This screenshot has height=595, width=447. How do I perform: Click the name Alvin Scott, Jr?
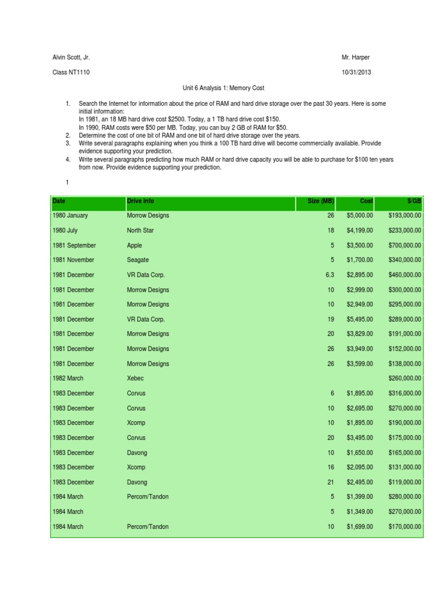(x=71, y=58)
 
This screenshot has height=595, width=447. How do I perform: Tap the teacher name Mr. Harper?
(x=356, y=58)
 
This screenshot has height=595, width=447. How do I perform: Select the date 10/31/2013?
(x=356, y=73)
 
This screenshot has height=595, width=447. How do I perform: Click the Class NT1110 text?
(x=71, y=73)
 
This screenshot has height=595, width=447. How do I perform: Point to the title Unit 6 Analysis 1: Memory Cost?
(x=223, y=88)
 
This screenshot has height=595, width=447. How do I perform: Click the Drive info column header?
(x=140, y=201)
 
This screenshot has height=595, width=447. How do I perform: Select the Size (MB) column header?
(x=321, y=201)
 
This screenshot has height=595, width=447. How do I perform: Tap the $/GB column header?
(x=414, y=201)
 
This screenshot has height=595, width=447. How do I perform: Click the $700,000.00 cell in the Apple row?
(x=405, y=245)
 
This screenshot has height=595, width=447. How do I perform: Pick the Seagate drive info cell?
(x=138, y=260)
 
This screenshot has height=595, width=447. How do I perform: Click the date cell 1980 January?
(x=70, y=216)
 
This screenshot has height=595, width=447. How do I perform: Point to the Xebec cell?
(x=135, y=378)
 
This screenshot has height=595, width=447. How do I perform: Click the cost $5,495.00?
(x=360, y=319)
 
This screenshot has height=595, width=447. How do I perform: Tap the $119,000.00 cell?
(x=405, y=482)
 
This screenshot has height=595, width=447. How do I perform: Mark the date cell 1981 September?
(x=74, y=245)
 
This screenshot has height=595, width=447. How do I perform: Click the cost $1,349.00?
(x=360, y=512)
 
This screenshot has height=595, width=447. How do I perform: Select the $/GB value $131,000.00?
(x=405, y=467)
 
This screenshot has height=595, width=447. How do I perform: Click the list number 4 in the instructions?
(x=68, y=159)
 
